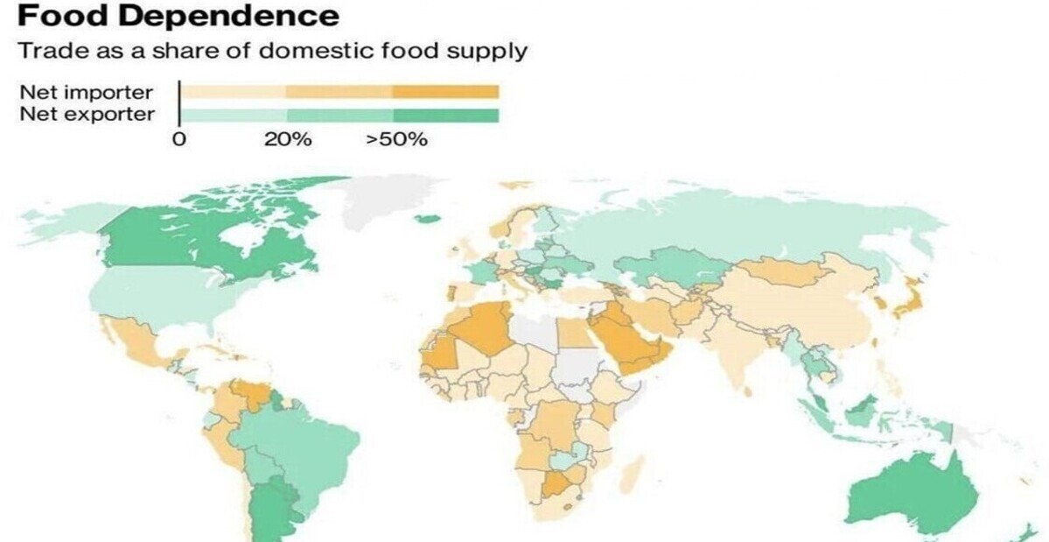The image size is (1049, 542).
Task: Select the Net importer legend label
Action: click(x=87, y=92)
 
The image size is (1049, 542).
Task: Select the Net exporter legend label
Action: click(x=87, y=115)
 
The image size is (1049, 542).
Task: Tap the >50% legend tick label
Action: click(x=396, y=140)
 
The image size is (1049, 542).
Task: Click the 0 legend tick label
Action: click(x=178, y=140)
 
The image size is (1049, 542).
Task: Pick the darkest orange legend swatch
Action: click(x=445, y=92)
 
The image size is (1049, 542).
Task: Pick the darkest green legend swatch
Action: click(x=445, y=115)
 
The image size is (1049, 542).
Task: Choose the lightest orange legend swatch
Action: click(x=234, y=92)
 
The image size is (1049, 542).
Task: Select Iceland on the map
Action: click(x=428, y=218)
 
